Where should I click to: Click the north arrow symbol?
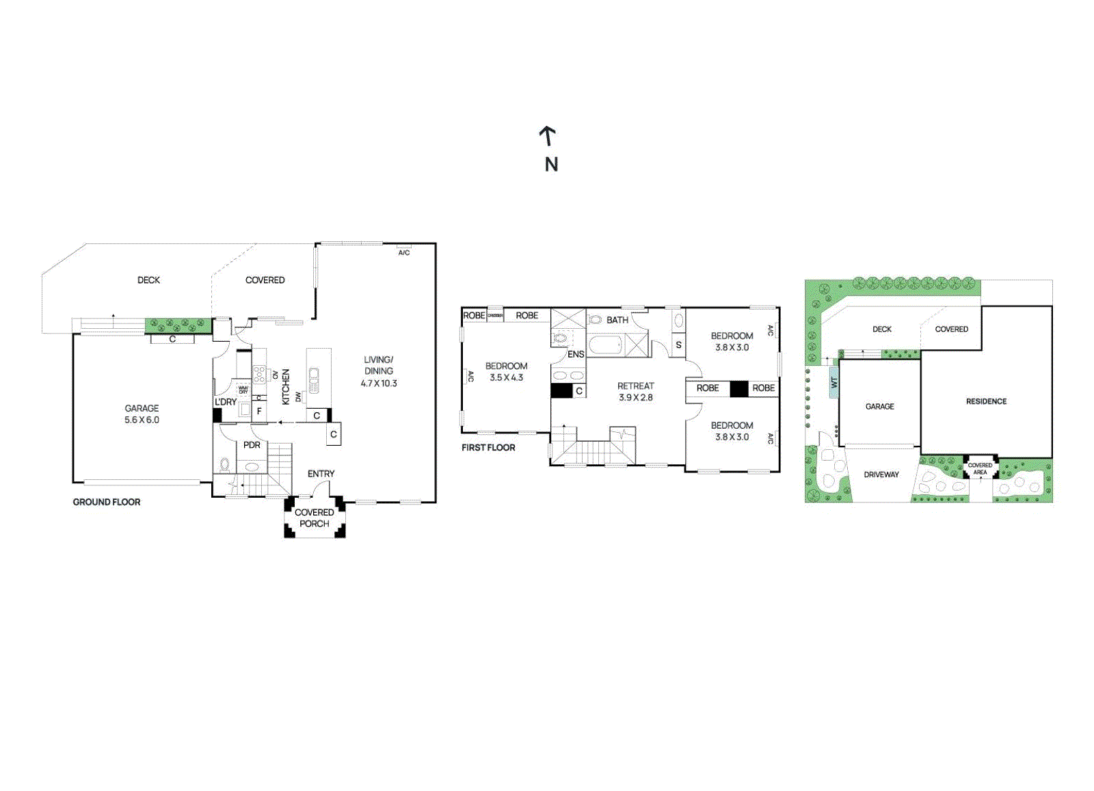(547, 135)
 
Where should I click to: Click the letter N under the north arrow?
(551, 164)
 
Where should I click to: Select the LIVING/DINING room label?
(378, 365)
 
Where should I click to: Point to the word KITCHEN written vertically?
(286, 387)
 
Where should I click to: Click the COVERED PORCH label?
(315, 518)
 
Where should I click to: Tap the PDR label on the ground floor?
(252, 445)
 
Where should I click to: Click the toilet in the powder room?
(224, 464)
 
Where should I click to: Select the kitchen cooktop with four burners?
(259, 375)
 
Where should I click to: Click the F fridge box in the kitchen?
(259, 411)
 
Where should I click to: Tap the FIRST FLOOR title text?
(488, 447)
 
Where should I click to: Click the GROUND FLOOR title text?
(107, 502)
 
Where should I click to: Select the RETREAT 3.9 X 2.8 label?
(635, 391)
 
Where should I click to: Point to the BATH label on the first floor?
(617, 320)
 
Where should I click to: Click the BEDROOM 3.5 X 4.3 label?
(506, 371)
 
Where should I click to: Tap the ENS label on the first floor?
(576, 354)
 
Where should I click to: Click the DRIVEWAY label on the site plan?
(881, 474)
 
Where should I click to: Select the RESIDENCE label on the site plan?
(986, 401)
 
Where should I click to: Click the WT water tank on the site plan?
(833, 382)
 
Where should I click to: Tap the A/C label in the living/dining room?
(404, 253)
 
